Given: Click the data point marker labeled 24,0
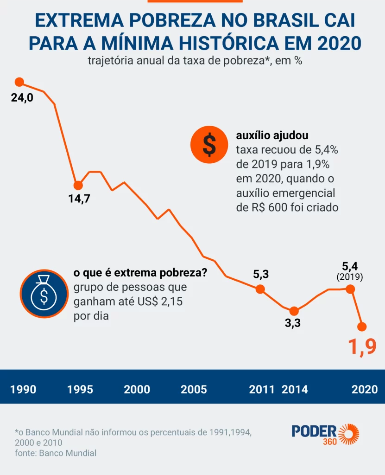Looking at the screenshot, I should point(19,82).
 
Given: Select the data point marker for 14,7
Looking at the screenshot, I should point(78,185).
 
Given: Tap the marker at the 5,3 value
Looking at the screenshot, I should point(260,289).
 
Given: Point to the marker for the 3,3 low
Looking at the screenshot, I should point(293,311).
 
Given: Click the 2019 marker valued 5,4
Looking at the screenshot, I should point(351,289).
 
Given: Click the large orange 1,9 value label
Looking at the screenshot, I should point(362,347).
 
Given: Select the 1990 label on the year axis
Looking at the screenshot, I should point(23,389).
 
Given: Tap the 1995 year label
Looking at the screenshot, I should point(80,389).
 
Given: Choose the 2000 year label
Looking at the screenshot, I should point(137,389).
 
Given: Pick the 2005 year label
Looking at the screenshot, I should point(194,389).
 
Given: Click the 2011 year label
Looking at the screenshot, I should point(262,389).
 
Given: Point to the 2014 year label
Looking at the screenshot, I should point(295,389).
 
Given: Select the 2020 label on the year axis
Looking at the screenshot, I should point(365,389).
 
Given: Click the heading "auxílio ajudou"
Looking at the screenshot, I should point(272,135).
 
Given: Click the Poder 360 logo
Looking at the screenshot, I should point(325,434).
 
